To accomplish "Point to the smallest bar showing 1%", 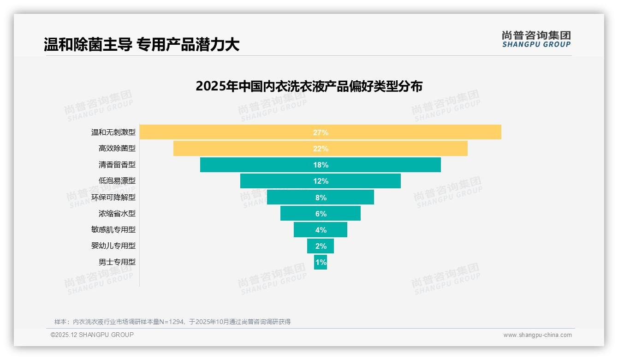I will (x=321, y=262).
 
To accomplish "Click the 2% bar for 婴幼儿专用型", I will (x=321, y=246).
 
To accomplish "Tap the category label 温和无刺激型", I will (x=113, y=132).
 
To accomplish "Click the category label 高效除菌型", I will (x=117, y=149).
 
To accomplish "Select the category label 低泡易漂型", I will (x=117, y=181).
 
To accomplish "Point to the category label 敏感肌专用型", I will (x=113, y=229).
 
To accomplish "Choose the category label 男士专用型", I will (x=117, y=262).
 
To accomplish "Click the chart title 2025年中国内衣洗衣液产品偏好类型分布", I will (x=309, y=86).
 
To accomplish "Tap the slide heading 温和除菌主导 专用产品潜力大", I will (x=142, y=45).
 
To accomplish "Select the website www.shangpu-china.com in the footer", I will (x=537, y=335).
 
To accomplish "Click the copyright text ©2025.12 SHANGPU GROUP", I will (x=92, y=335).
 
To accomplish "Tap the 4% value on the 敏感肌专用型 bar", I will (x=321, y=230).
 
